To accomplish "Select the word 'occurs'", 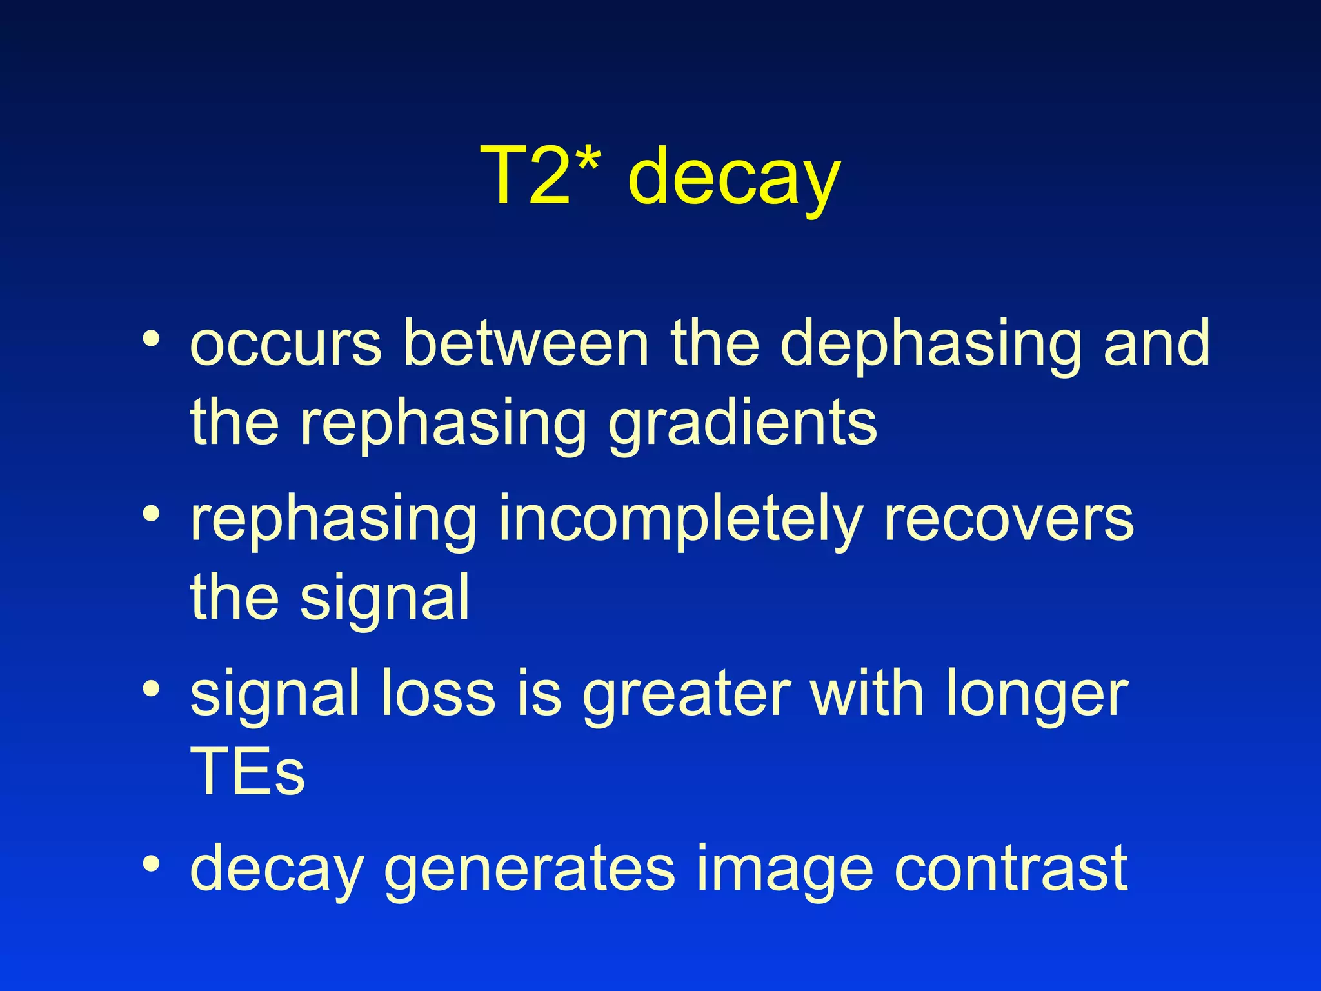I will point(286,345).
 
